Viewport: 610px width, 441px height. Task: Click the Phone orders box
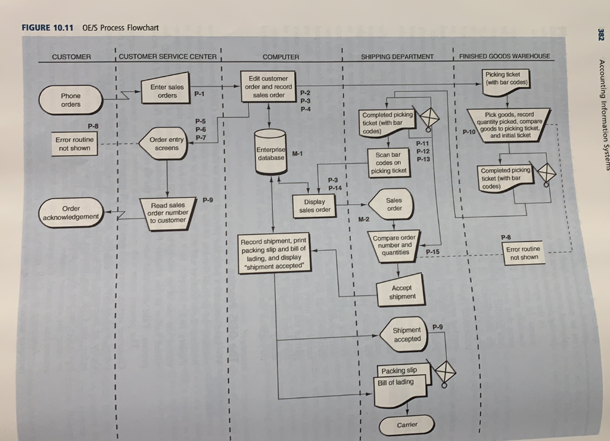pyautogui.click(x=70, y=100)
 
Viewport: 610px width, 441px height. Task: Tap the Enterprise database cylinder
pyautogui.click(x=271, y=153)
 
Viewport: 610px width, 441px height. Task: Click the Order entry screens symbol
pyautogui.click(x=166, y=144)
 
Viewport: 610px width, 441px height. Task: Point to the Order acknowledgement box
pyautogui.click(x=70, y=212)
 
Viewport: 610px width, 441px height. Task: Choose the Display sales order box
pyautogui.click(x=315, y=206)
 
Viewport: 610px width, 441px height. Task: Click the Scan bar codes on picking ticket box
pyautogui.click(x=388, y=162)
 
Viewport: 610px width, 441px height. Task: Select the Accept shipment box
pyautogui.click(x=402, y=292)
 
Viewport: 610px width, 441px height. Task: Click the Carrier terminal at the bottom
pyautogui.click(x=407, y=425)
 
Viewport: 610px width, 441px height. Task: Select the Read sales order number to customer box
pyautogui.click(x=168, y=212)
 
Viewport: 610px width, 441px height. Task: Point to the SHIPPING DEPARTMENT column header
pyautogui.click(x=397, y=57)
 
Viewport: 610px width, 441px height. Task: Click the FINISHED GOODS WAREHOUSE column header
pyautogui.click(x=505, y=57)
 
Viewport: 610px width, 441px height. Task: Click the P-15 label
pyautogui.click(x=432, y=253)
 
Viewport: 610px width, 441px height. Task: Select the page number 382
pyautogui.click(x=599, y=35)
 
